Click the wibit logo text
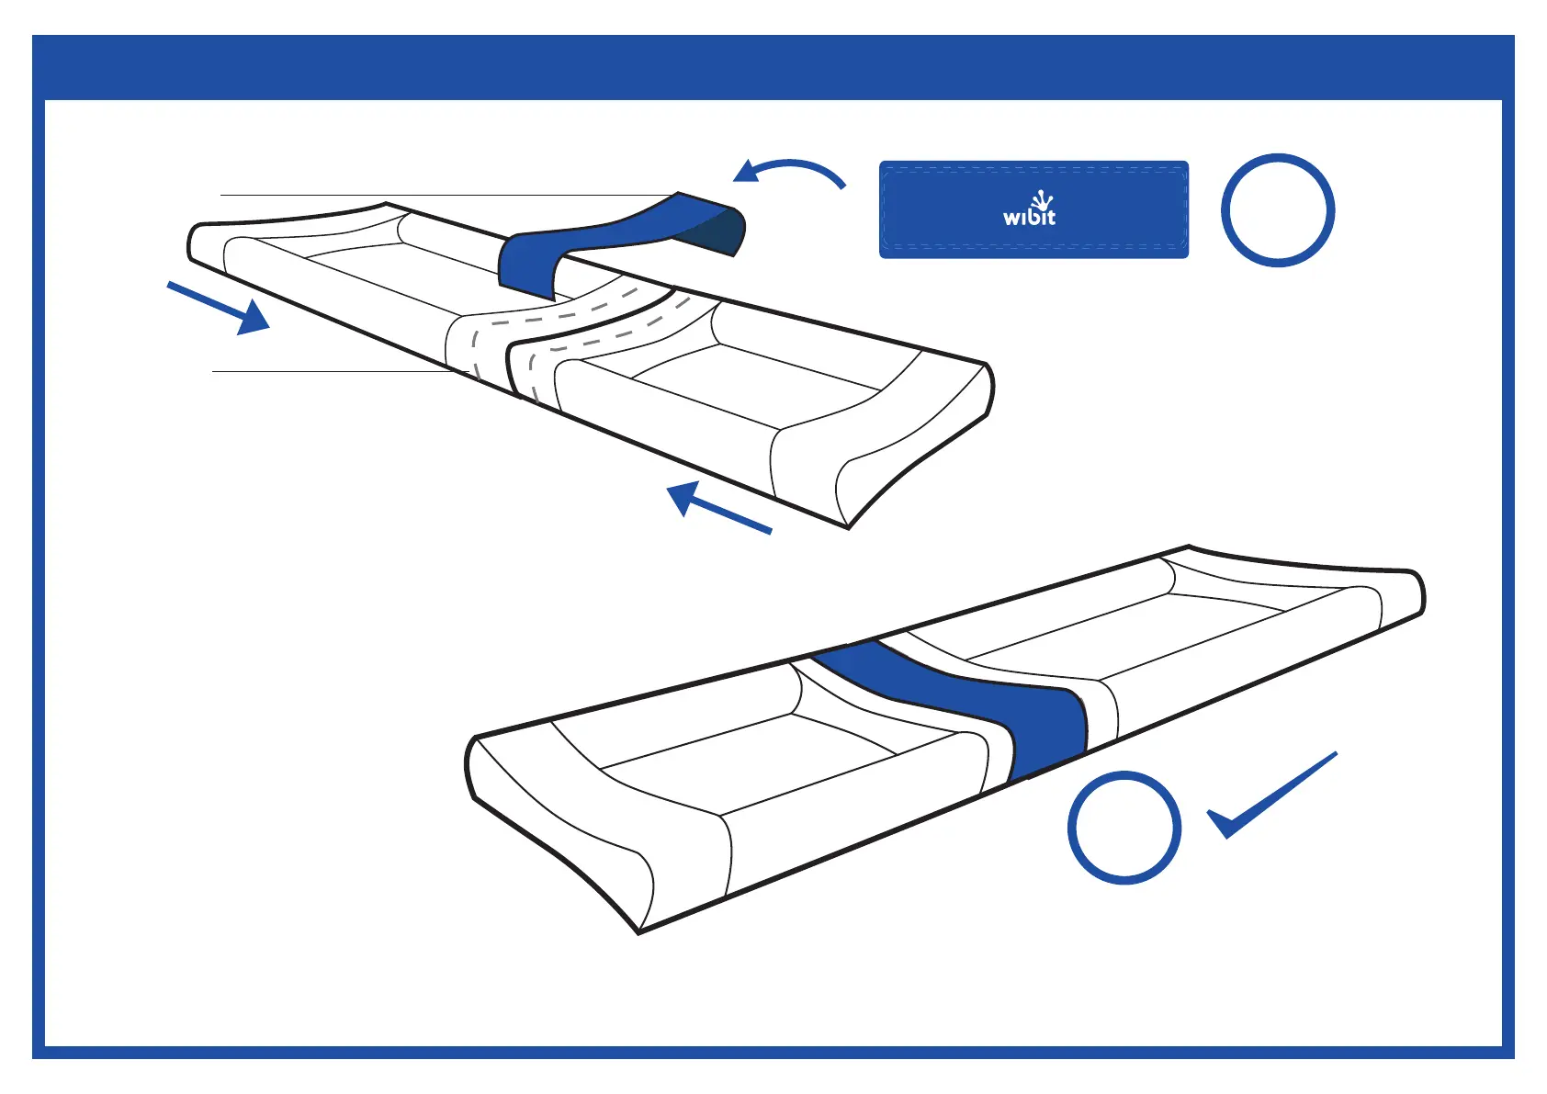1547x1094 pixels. tap(1029, 218)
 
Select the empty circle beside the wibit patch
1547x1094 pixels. tap(1277, 210)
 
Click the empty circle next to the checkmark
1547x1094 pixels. tap(1124, 828)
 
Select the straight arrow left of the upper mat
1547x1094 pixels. tap(220, 309)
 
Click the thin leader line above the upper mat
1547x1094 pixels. tap(441, 195)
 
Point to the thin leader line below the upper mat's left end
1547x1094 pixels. tap(331, 371)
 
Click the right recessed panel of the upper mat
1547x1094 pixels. tap(753, 386)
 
